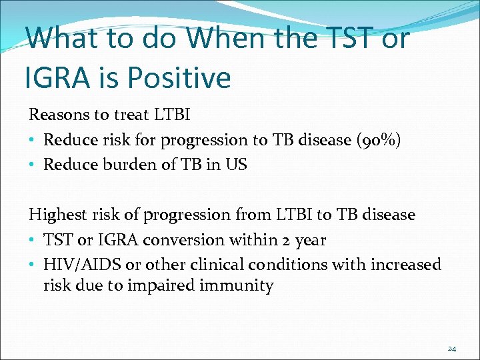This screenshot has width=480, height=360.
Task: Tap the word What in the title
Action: coord(64,37)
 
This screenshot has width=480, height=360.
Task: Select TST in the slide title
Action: coord(344,37)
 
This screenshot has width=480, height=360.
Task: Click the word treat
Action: coord(130,115)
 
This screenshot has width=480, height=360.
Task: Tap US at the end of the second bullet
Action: coord(237,165)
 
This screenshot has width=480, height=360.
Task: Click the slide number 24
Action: coord(451,348)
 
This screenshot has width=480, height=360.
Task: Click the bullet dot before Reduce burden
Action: coord(33,165)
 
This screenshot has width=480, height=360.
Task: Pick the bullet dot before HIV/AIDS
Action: coord(33,265)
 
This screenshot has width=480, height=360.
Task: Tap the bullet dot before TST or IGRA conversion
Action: coord(33,240)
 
